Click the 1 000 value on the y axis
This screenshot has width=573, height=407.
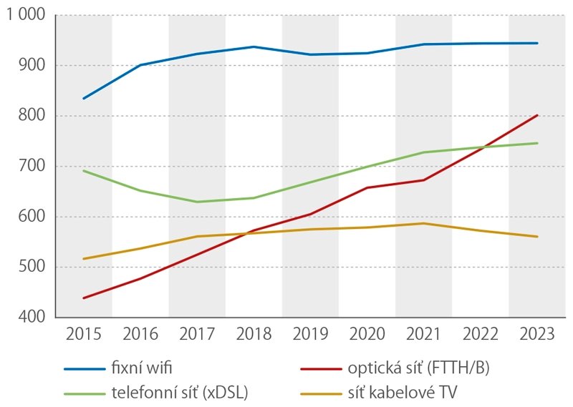click(x=25, y=16)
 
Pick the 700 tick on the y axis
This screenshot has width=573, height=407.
click(x=32, y=167)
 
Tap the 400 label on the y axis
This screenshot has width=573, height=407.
click(x=32, y=318)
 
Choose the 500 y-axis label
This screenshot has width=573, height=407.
click(x=32, y=268)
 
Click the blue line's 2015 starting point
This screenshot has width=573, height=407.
click(x=84, y=98)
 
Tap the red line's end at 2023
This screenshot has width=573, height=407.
click(x=537, y=115)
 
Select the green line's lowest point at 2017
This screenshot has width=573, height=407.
click(x=197, y=202)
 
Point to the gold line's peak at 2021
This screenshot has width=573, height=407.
click(x=423, y=223)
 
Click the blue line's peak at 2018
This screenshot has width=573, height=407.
click(x=254, y=46)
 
